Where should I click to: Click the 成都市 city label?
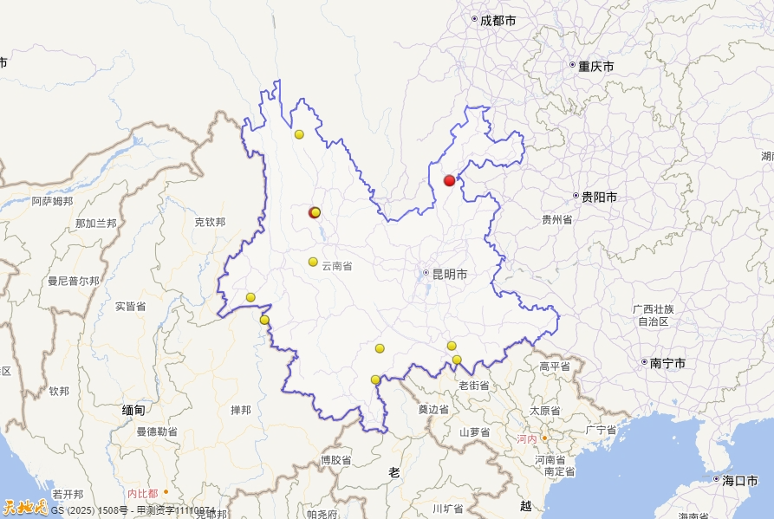pos(498,20)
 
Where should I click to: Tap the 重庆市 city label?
pos(596,66)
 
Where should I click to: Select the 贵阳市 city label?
pos(599,198)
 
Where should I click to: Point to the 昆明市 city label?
pos(449,274)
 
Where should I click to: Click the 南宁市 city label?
pos(667,363)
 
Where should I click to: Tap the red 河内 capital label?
pos(527,439)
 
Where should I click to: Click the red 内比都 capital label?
pos(142,493)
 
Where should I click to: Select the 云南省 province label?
pos(337,266)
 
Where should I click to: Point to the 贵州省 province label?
pos(556,220)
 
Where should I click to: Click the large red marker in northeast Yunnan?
pos(449,180)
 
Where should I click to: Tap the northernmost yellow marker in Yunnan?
pos(299,134)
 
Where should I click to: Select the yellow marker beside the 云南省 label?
pos(313,262)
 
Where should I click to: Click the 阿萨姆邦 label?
pos(53,201)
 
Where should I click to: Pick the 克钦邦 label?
pos(210,222)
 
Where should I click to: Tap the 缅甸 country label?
pos(133,409)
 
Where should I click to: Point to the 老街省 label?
pos(474,386)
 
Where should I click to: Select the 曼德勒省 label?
pos(157,431)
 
